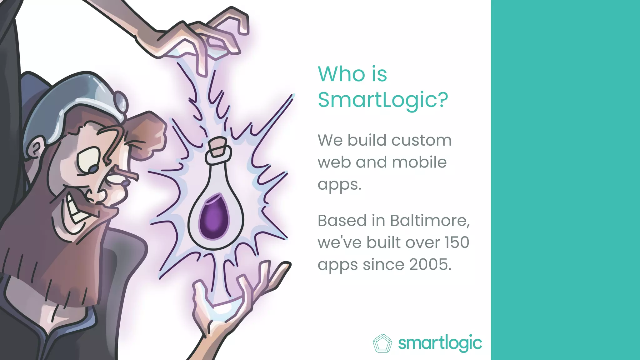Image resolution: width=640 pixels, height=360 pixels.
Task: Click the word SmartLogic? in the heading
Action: point(383,100)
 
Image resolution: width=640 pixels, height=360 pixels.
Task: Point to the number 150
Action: point(457,242)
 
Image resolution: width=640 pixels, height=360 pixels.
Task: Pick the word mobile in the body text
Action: point(419,162)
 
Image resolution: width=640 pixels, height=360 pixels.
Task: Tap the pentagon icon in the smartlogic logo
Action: point(382,343)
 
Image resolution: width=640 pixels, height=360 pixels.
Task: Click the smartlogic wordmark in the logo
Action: point(440,343)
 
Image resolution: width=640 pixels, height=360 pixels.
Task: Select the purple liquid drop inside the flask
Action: point(214,216)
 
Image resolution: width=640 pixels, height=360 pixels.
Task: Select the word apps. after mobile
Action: point(339,184)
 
